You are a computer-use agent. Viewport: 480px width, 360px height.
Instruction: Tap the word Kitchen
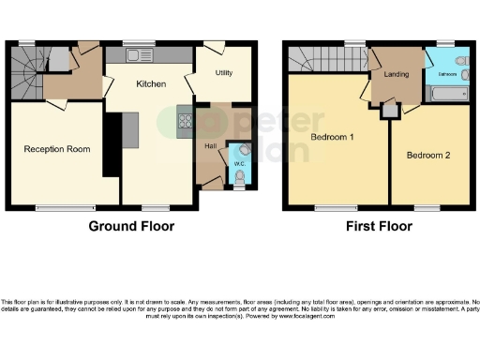151,83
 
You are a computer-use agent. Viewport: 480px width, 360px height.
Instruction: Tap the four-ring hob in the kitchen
186,120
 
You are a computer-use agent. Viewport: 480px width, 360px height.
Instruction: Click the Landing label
397,74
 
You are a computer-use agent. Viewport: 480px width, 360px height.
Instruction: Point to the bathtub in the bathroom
448,94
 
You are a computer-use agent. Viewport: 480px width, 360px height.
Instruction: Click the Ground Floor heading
130,226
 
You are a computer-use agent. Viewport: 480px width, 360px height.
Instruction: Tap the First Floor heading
379,226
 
